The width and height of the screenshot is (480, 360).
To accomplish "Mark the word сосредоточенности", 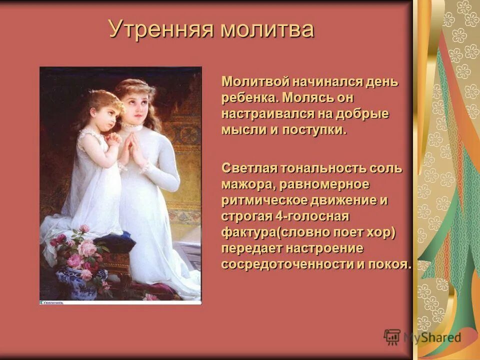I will click(287, 264).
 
